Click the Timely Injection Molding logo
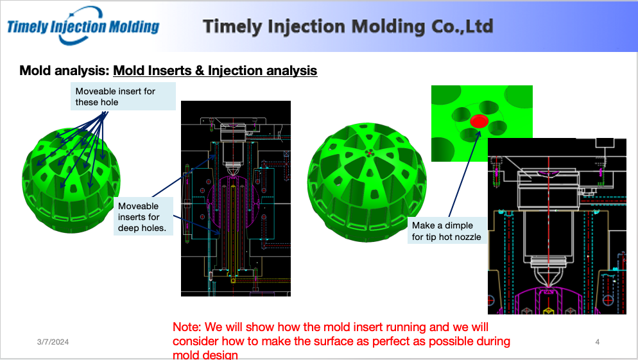pyautogui.click(x=83, y=26)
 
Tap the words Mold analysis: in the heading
pyautogui.click(x=65, y=71)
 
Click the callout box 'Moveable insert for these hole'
pyautogui.click(x=123, y=96)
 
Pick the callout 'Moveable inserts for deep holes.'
pyautogui.click(x=143, y=216)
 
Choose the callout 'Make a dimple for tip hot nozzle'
pyautogui.click(x=447, y=230)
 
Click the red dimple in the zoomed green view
pyautogui.click(x=479, y=121)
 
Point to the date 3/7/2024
pyautogui.click(x=53, y=342)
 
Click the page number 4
pyautogui.click(x=598, y=342)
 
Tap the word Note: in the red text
pyautogui.click(x=187, y=327)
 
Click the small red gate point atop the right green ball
pyautogui.click(x=370, y=153)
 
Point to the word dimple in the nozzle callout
pyautogui.click(x=459, y=225)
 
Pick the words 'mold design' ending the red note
pyautogui.click(x=205, y=354)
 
